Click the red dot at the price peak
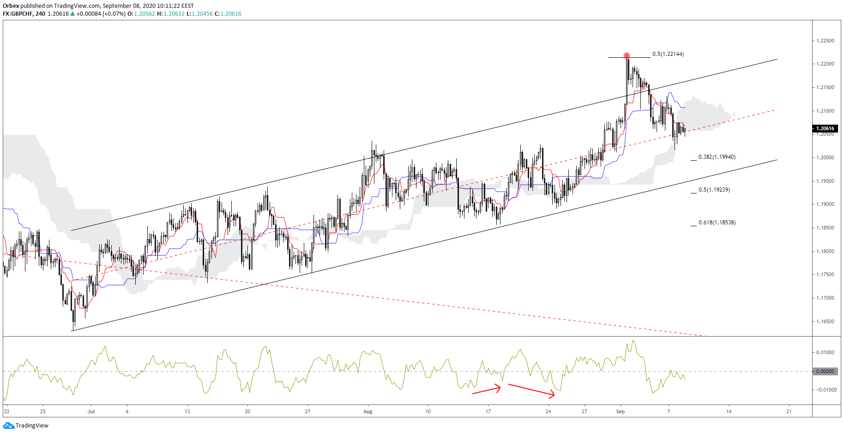[627, 56]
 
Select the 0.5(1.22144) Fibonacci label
[668, 54]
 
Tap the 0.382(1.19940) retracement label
[717, 157]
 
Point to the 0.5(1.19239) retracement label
[714, 190]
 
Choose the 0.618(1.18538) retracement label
[717, 223]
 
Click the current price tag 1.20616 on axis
[825, 129]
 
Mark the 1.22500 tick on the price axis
[825, 41]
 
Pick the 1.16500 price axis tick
[825, 321]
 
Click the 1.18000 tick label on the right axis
[825, 251]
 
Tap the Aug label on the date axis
[368, 411]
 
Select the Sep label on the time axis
[620, 411]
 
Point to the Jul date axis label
[91, 411]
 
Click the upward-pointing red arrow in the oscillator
[486, 390]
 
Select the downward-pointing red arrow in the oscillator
[531, 390]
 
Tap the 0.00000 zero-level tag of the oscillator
[825, 371]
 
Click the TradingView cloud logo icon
[8, 426]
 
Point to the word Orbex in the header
[11, 6]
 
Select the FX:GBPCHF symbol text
[17, 14]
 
